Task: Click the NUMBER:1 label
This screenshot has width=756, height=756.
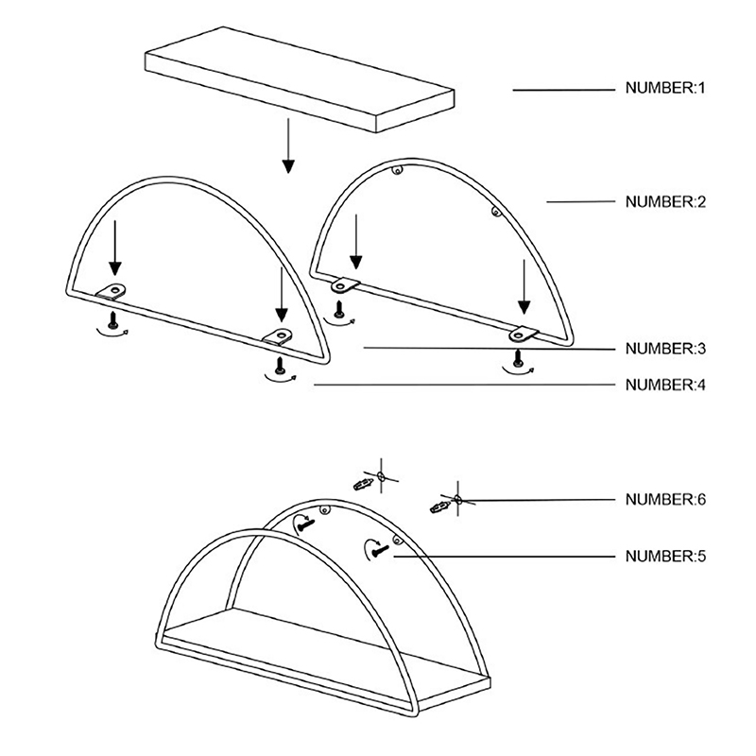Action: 665,88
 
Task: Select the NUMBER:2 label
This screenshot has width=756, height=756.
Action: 665,201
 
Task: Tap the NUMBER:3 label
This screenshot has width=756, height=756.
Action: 665,348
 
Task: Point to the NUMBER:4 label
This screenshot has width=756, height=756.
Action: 665,385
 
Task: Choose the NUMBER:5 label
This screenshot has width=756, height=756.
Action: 665,556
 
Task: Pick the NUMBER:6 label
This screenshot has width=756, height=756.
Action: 665,499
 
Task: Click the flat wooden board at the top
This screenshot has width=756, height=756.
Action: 300,79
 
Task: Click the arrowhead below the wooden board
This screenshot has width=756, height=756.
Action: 288,166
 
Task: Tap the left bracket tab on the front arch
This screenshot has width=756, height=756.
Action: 112,292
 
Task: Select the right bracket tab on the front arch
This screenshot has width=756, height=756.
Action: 278,335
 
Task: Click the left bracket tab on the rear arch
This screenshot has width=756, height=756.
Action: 345,285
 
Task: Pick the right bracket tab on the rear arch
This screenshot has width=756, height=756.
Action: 524,335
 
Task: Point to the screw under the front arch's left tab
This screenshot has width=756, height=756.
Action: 113,319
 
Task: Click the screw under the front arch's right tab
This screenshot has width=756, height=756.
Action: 279,365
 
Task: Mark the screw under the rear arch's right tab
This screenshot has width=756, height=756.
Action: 518,358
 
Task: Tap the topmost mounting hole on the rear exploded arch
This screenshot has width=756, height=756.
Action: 397,170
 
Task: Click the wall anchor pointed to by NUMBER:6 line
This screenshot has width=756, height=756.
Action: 440,507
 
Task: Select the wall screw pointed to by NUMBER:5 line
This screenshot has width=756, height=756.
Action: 381,550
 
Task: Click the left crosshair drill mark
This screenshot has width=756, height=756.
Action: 381,477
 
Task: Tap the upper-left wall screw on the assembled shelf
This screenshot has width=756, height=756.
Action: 305,524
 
